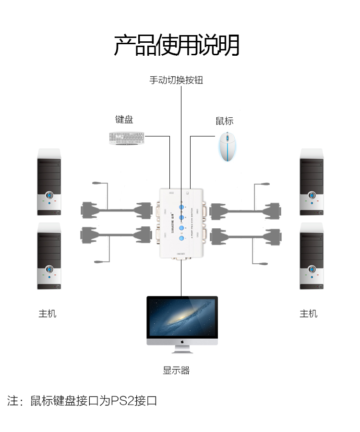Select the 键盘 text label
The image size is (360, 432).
point(124,120)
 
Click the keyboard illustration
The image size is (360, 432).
point(127,138)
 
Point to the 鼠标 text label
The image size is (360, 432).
point(224,121)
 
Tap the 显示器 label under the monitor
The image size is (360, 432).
point(176,370)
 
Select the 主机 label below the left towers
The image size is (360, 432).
point(48,314)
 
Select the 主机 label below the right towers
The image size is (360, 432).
point(309,314)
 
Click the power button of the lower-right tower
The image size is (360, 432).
point(312,270)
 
